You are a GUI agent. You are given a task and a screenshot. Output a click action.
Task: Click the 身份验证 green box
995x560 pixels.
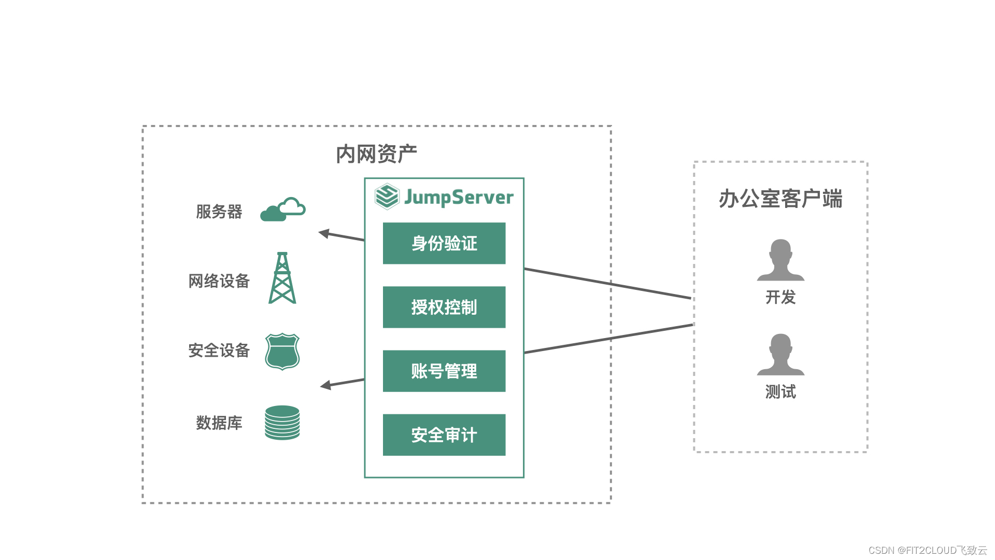[444, 243]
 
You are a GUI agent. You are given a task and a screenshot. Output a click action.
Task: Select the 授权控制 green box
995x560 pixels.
[444, 307]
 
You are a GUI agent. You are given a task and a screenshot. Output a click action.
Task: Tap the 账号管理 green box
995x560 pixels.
[444, 371]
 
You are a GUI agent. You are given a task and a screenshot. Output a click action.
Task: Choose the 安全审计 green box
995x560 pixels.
[444, 435]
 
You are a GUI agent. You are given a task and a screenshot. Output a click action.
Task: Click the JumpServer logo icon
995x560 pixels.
[387, 197]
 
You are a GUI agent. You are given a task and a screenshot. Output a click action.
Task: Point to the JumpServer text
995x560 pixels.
[459, 197]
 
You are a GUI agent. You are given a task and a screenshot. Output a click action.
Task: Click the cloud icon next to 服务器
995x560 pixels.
[282, 210]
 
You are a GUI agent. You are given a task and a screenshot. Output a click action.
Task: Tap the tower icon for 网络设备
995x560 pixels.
[282, 278]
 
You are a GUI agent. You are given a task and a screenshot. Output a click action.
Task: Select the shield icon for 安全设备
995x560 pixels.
[282, 351]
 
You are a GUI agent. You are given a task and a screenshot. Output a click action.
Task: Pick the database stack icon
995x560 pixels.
[282, 423]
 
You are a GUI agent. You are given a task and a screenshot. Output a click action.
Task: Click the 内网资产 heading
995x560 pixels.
[376, 154]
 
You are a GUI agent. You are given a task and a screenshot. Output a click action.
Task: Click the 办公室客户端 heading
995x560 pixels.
[780, 199]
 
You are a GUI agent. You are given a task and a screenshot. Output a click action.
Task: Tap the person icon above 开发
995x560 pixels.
[780, 260]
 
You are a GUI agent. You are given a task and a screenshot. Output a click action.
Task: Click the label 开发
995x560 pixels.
[780, 297]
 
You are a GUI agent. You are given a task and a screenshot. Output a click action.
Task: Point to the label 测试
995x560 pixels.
[780, 391]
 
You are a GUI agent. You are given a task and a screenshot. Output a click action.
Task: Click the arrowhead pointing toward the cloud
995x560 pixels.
[324, 233]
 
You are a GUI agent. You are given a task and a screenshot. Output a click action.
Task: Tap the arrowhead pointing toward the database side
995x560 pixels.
[326, 385]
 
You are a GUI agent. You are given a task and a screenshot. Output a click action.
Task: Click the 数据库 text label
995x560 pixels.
[219, 423]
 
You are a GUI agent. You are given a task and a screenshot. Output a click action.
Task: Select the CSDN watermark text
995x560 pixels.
[927, 550]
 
